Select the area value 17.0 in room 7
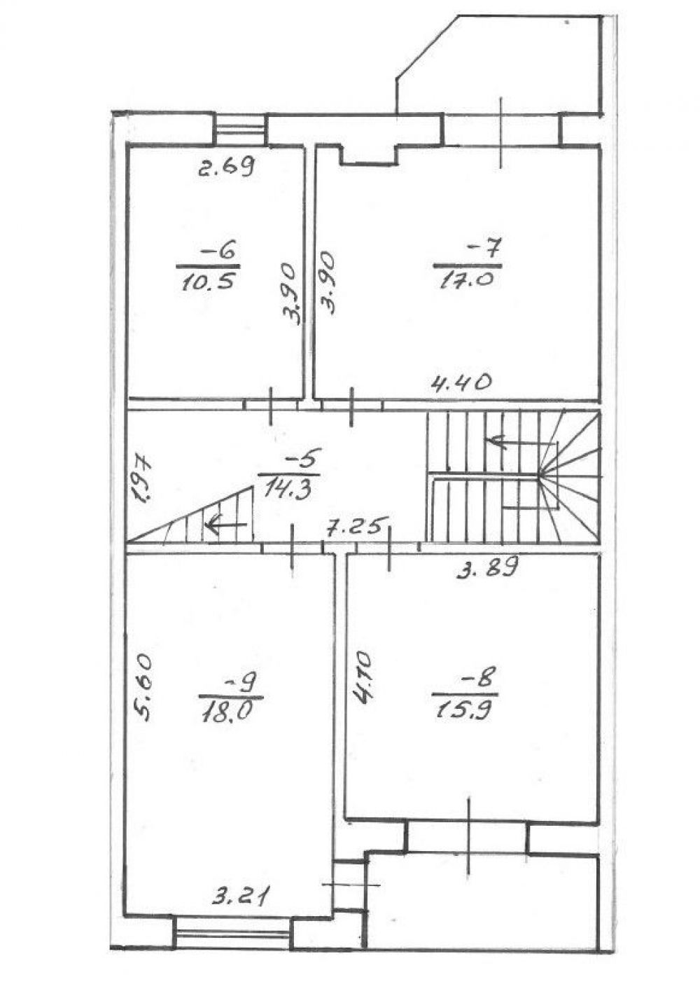coord(468,281)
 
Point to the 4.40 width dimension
coord(461,383)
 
